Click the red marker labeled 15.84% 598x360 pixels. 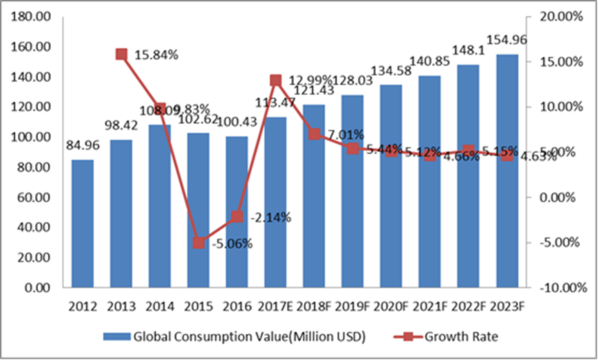122,54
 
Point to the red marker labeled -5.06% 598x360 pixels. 199,243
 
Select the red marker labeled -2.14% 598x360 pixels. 237,217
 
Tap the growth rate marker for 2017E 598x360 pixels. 276,81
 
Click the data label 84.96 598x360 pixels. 83,146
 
